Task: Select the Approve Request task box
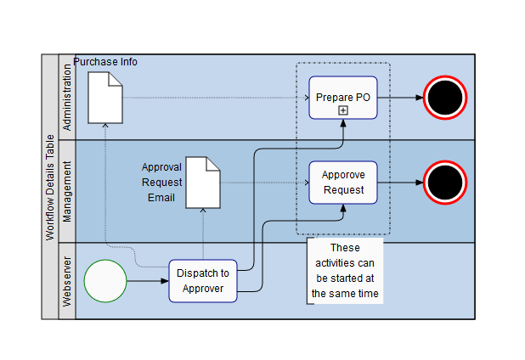343,182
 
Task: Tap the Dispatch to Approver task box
202,280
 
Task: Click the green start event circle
105,281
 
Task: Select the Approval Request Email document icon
203,183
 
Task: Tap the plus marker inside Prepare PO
343,110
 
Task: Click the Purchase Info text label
105,62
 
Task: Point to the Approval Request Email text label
161,183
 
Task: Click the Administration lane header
67,97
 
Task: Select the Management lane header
67,191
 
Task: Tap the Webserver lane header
67,281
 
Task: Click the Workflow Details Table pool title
50,187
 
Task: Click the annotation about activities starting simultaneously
345,271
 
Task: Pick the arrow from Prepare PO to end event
399,98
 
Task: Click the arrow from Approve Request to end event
399,183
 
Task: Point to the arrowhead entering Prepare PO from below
343,124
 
